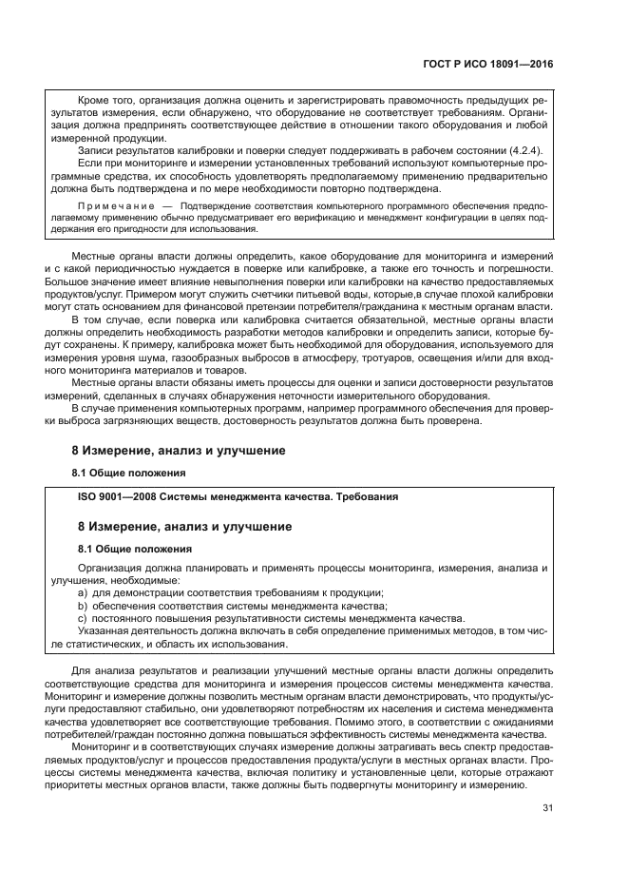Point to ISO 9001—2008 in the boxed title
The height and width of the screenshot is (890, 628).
[116, 496]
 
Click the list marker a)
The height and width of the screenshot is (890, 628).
[83, 592]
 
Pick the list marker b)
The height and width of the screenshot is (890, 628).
[83, 605]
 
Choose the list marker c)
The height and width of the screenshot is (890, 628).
[83, 617]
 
